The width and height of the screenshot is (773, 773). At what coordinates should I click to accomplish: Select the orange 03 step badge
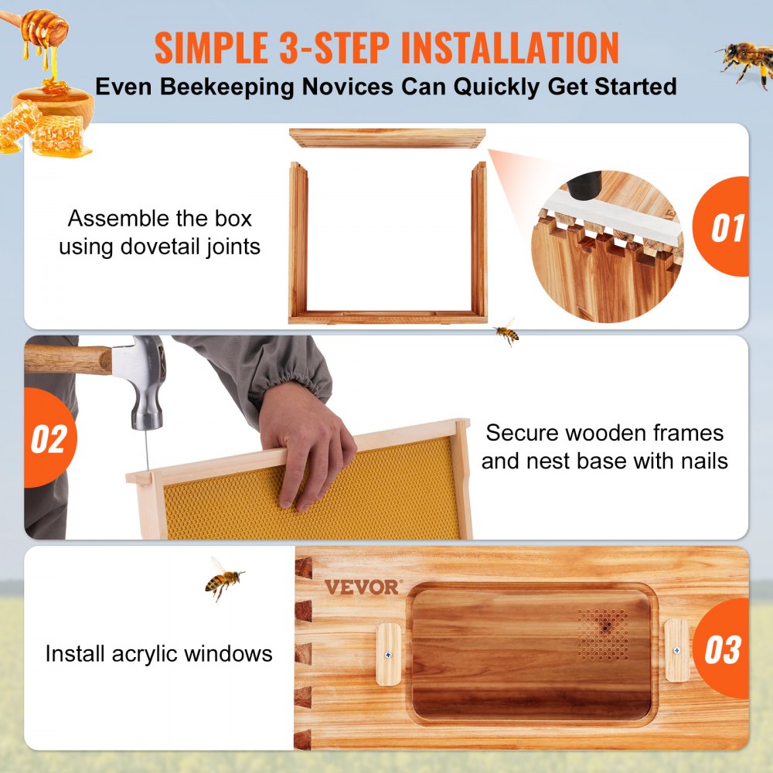[724, 649]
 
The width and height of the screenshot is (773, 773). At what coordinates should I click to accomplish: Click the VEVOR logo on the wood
[362, 587]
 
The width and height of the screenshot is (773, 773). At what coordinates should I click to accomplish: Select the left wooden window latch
[388, 654]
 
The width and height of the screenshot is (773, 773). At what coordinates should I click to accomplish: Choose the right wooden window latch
[676, 650]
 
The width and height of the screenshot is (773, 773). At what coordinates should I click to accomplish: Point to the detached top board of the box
[387, 138]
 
